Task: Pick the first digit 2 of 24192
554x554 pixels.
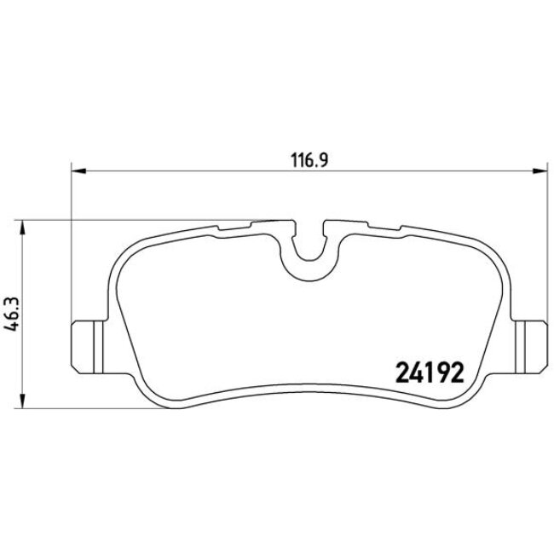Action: [x=401, y=372]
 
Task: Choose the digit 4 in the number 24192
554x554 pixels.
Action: [x=415, y=372]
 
